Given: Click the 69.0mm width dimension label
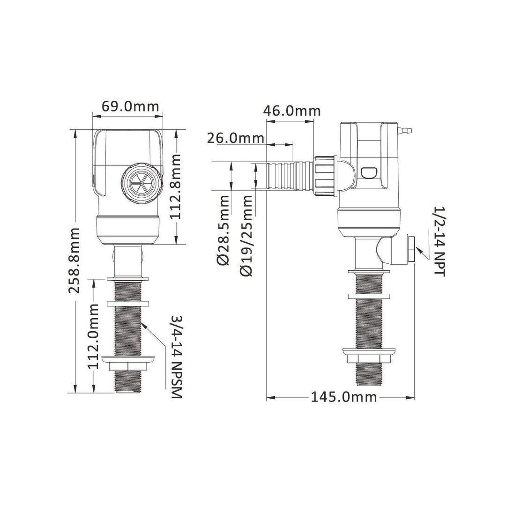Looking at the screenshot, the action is [130, 106].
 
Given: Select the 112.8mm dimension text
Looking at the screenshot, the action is [176, 186].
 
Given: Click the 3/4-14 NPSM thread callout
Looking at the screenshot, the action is [177, 357].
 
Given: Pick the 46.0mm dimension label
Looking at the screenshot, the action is [292, 111].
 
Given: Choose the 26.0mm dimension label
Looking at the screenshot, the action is [236, 138].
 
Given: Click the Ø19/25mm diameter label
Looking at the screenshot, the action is [246, 236].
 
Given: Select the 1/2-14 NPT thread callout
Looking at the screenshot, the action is [439, 241].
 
